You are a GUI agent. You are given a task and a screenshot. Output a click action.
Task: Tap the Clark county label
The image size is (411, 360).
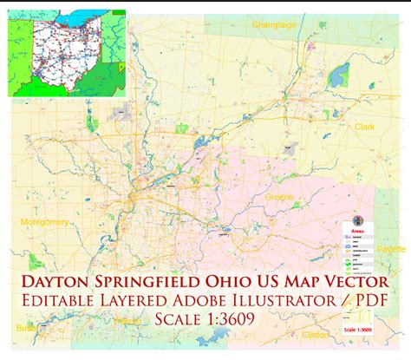point(365,127)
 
